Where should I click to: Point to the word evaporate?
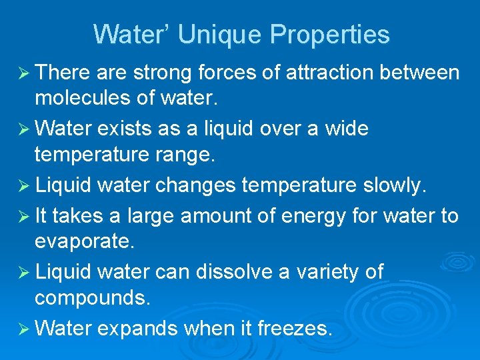[x=84, y=242]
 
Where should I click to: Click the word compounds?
[x=93, y=298]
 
